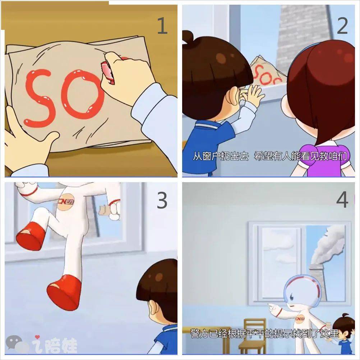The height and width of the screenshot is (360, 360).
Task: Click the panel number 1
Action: click(162, 26)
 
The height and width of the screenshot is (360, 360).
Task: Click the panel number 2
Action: click(342, 26)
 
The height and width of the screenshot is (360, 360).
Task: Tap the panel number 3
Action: click(162, 200)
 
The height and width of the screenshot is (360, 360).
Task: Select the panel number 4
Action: click(342, 200)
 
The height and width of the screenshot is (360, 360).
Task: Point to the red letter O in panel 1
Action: click(83, 94)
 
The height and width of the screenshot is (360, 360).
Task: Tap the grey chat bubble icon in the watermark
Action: click(14, 342)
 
